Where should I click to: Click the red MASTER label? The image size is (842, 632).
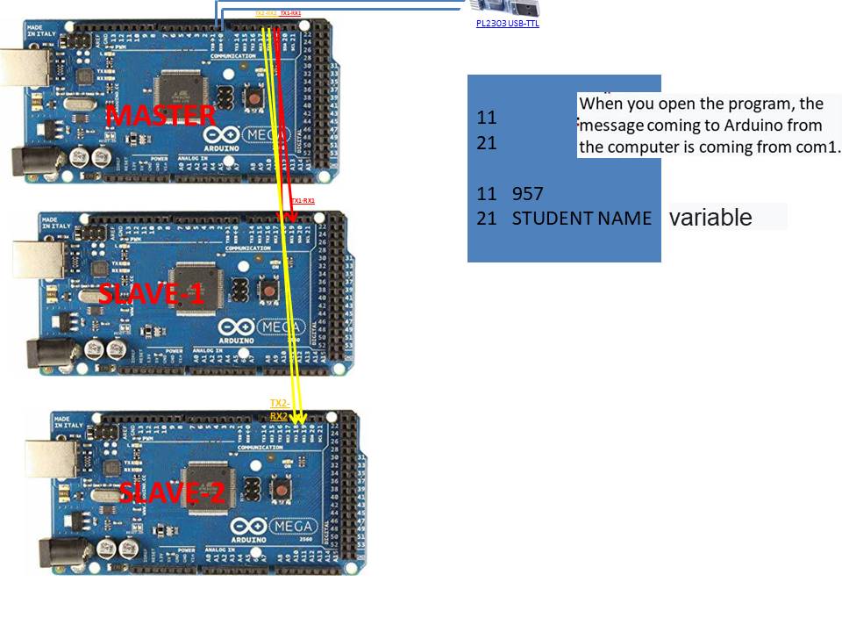pos(161,115)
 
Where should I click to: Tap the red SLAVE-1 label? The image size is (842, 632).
pos(151,293)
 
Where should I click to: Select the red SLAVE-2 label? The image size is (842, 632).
pos(172,492)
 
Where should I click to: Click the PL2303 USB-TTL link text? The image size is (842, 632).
pos(508,24)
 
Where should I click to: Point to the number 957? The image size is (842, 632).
pos(528,193)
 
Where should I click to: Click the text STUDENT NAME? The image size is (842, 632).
pos(582,218)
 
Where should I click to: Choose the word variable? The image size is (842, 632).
pos(710,218)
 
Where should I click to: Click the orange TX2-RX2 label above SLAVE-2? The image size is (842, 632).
pos(279,409)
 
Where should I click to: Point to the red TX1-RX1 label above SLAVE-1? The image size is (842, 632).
pos(303,201)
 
